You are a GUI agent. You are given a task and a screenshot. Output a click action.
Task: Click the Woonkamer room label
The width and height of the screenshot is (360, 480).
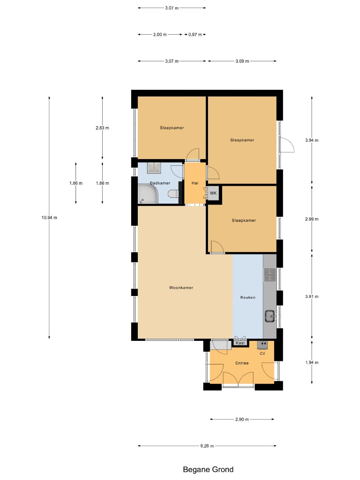click(181, 288)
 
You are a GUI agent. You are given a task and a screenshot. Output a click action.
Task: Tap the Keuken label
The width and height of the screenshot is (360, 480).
click(248, 297)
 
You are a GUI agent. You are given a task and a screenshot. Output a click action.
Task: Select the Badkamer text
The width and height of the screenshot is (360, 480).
click(160, 183)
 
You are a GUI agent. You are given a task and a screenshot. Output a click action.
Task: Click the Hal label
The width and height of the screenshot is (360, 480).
click(195, 183)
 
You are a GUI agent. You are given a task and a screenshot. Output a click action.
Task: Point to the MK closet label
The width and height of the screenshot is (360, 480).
click(213, 193)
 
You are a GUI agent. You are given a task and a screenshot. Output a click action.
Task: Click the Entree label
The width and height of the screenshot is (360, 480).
click(242, 363)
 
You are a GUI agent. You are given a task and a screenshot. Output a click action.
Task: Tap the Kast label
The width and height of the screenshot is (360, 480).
click(240, 343)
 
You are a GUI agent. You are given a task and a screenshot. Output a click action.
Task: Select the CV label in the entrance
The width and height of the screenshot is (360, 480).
click(262, 354)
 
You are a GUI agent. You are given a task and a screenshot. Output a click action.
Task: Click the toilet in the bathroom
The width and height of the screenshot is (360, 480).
click(173, 194)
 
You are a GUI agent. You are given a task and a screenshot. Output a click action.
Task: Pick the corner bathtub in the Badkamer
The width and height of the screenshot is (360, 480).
click(148, 194)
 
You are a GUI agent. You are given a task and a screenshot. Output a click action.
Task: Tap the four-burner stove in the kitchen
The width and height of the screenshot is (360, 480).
click(270, 275)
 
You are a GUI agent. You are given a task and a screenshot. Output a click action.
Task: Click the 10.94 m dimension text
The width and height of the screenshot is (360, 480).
click(49, 218)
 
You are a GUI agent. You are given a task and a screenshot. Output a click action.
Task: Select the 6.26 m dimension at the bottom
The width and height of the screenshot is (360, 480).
click(207, 446)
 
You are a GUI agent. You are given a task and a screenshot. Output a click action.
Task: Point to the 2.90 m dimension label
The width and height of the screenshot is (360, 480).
click(242, 420)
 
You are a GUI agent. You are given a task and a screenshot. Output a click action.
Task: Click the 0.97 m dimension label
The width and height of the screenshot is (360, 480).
click(195, 35)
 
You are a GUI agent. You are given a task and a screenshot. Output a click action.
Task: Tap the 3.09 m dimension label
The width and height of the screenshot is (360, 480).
click(242, 61)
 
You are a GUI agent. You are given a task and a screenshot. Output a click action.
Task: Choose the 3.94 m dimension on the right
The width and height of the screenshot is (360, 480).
click(312, 140)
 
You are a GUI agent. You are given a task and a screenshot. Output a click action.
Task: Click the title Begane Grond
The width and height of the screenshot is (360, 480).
click(208, 470)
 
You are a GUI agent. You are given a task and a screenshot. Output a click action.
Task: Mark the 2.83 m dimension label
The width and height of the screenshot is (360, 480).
click(102, 128)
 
